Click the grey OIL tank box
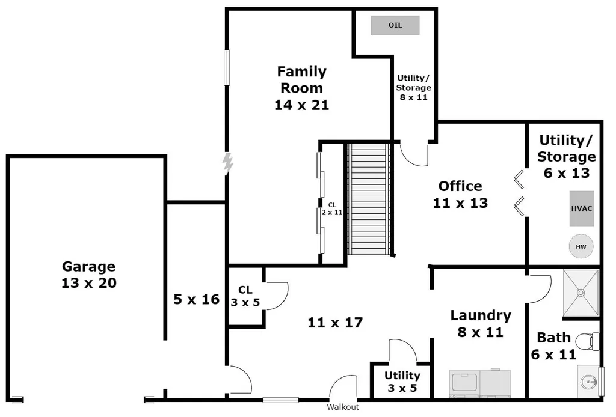(395, 25)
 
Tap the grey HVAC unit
(582, 208)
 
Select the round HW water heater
(581, 247)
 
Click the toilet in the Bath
(588, 341)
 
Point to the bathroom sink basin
(588, 381)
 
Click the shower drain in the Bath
(581, 293)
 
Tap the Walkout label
(343, 407)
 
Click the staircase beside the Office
(369, 199)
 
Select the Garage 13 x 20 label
(89, 275)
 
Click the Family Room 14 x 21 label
(302, 88)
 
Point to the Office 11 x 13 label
(460, 195)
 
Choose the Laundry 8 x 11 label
(481, 324)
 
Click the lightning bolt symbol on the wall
(227, 163)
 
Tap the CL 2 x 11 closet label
(332, 208)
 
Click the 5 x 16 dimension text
(197, 300)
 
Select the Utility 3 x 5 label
(402, 382)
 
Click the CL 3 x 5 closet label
(245, 296)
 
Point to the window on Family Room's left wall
(227, 67)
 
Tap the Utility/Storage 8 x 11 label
(413, 88)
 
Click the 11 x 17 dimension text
(335, 323)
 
